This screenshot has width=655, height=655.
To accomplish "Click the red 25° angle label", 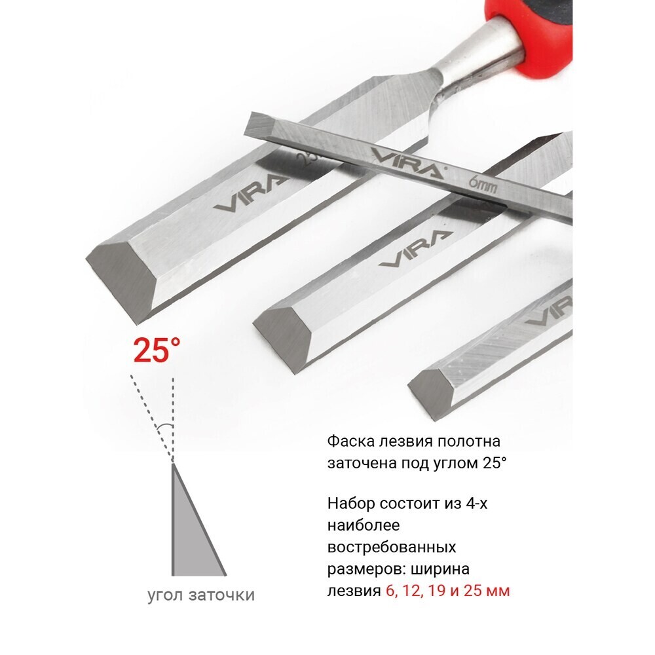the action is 157,350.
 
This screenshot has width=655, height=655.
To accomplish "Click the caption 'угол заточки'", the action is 201,595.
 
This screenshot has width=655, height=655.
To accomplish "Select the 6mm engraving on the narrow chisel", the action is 483,185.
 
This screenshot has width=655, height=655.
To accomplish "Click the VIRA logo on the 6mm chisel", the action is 407,162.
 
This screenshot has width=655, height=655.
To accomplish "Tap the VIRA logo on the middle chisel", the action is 416,248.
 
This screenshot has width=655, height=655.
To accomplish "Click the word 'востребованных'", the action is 392,547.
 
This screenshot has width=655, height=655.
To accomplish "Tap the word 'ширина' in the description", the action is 440,570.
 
